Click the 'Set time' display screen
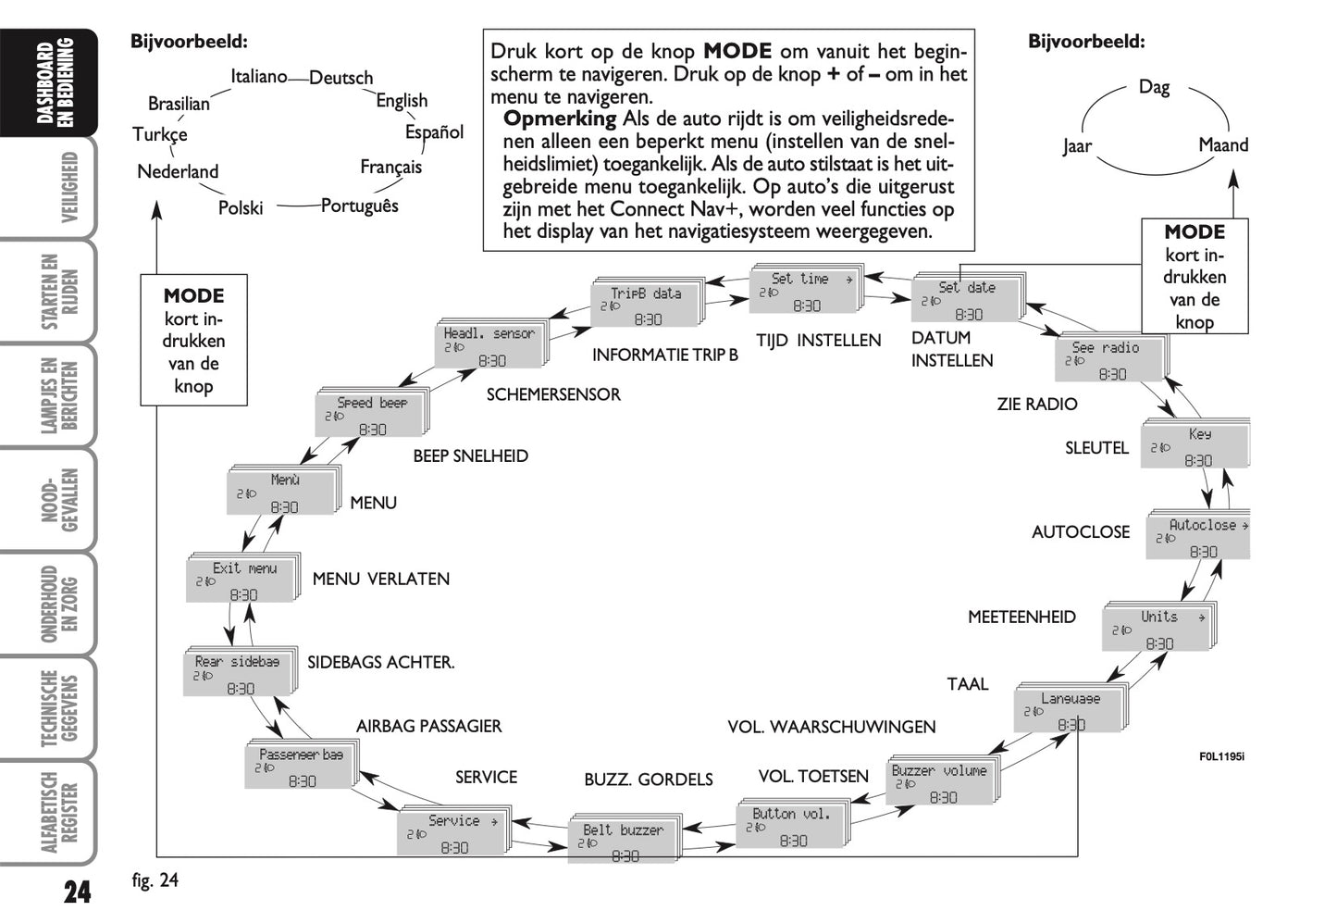[x=803, y=291]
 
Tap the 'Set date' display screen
[x=967, y=300]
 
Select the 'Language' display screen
[x=1070, y=711]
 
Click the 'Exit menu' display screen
[x=242, y=580]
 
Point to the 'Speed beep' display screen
[x=370, y=415]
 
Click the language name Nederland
[x=178, y=171]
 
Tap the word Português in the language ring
[x=360, y=206]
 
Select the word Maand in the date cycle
[x=1222, y=145]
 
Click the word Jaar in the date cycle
[x=1077, y=146]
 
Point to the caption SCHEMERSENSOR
[x=553, y=394]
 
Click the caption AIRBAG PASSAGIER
[x=428, y=726]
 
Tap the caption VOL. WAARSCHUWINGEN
[x=831, y=728]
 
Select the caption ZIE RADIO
[x=1036, y=404]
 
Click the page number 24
[x=78, y=892]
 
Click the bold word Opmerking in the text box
[x=559, y=118]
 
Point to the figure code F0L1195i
[x=1221, y=756]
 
